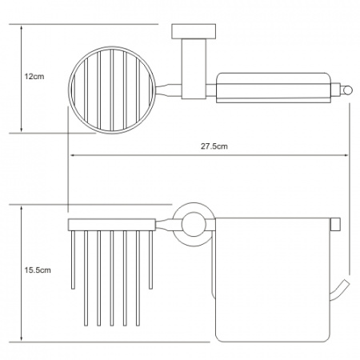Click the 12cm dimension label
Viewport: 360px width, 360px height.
click(34, 77)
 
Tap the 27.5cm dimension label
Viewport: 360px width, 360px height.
click(214, 146)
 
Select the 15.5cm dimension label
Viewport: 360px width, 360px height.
click(38, 270)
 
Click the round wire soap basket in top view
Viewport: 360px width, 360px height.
click(69, 90)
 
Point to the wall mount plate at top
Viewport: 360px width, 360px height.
click(194, 32)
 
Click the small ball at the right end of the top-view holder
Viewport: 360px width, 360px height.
click(347, 90)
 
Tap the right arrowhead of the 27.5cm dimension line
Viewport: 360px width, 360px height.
click(346, 155)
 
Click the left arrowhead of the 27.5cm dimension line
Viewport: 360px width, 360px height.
click(72, 155)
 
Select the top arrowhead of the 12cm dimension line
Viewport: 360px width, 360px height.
click(22, 27)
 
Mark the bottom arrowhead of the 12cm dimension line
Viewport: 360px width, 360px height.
click(22, 130)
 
